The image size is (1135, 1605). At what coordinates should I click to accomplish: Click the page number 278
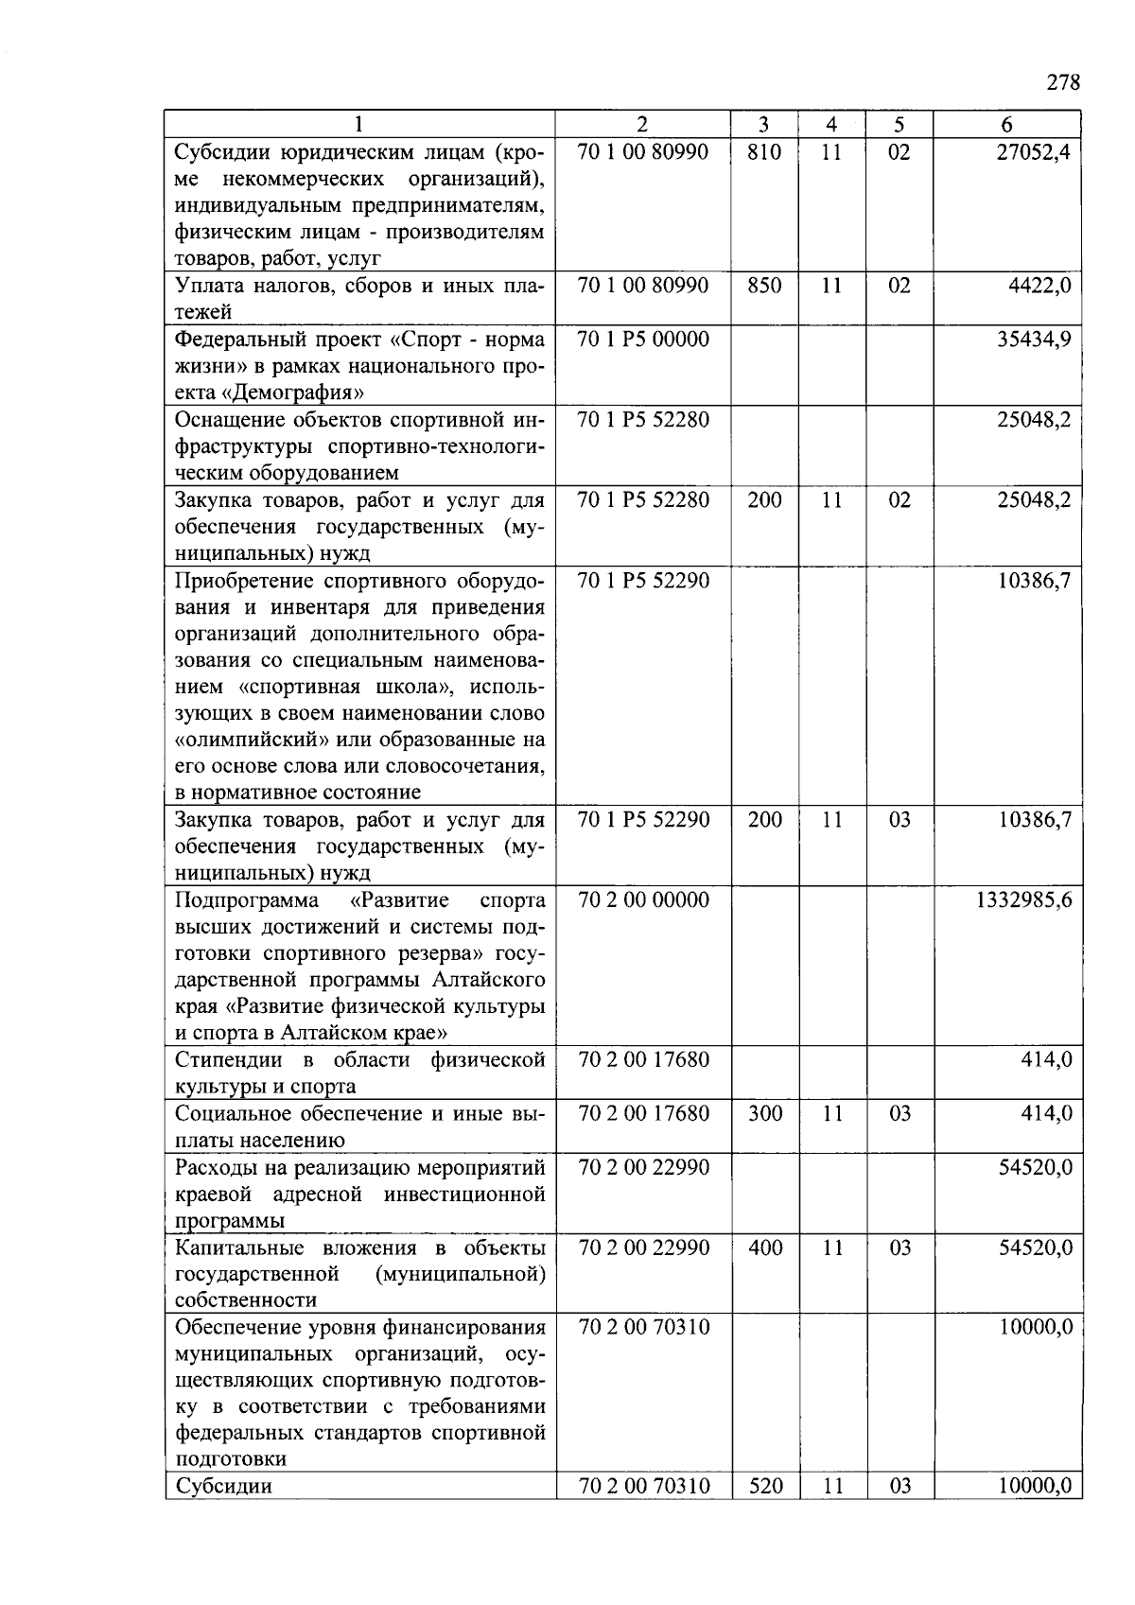click(1063, 82)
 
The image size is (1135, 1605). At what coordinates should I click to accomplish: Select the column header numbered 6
click(1006, 124)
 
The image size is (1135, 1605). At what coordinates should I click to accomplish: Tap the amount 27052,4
click(1034, 151)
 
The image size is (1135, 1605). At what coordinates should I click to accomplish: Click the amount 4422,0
click(1039, 286)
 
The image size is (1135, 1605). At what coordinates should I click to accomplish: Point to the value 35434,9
click(1034, 339)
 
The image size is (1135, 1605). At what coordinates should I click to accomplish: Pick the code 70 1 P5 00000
click(642, 339)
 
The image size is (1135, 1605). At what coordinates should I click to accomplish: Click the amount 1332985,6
click(1024, 899)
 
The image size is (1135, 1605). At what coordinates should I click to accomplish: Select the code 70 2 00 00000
click(642, 899)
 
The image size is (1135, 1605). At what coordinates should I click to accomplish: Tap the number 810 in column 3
click(764, 151)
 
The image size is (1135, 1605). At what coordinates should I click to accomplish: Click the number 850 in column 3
click(764, 286)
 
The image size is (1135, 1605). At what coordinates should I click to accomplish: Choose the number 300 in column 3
click(764, 1113)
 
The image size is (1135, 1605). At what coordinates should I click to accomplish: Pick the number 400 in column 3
click(764, 1247)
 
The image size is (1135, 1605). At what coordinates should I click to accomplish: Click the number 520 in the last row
click(764, 1486)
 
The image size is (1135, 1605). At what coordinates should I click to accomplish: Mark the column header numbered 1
click(358, 124)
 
